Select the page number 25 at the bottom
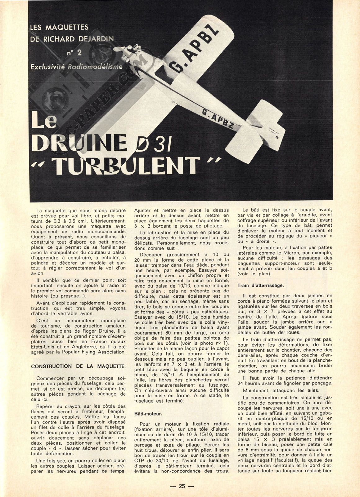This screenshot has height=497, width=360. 182,486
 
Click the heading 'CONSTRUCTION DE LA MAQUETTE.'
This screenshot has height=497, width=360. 79,366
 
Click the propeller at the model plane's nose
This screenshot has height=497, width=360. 119,51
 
